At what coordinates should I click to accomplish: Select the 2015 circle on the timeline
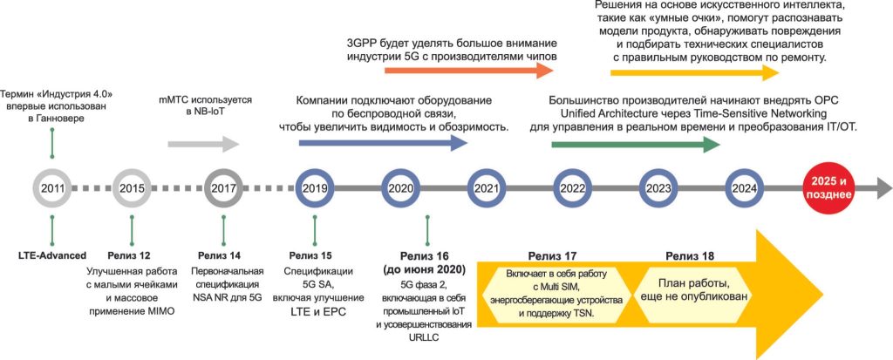point(133,172)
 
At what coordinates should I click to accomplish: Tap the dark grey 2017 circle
point(223,172)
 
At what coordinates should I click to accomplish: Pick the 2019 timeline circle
point(314,172)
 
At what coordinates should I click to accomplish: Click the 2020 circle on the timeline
point(400,172)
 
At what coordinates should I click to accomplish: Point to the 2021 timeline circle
point(487,172)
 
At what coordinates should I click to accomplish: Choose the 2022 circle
point(572,172)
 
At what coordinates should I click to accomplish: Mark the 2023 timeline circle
point(658,172)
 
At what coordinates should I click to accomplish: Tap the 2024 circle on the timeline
point(745,172)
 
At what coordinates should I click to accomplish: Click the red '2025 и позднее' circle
point(828,188)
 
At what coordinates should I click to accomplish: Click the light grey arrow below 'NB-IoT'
point(203,145)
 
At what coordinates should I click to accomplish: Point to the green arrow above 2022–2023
point(636,145)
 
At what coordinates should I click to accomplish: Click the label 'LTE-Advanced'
point(51,255)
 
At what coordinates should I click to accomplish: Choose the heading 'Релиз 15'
point(310,255)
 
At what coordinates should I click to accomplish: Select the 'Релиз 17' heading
point(549,255)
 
